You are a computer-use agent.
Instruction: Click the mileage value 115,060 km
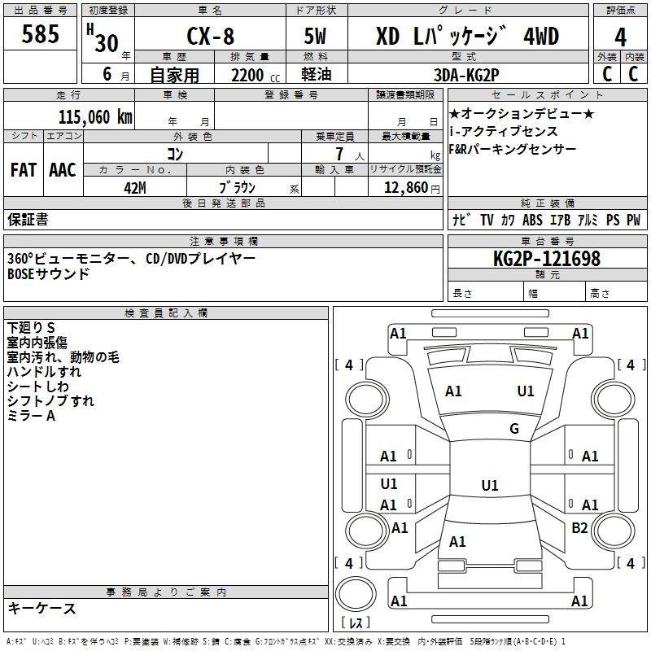[x=95, y=116]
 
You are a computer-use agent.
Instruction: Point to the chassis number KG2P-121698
[x=546, y=259]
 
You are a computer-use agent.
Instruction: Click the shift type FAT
[x=23, y=170]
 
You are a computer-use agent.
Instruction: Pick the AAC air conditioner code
[x=63, y=170]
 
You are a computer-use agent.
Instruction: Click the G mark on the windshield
[x=513, y=428]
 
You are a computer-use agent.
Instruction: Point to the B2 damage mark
[x=579, y=528]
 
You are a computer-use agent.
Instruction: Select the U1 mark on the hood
[x=526, y=391]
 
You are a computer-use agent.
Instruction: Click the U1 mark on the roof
[x=489, y=485]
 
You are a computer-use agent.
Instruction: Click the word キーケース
[x=42, y=608]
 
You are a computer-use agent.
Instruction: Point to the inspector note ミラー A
[x=31, y=415]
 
